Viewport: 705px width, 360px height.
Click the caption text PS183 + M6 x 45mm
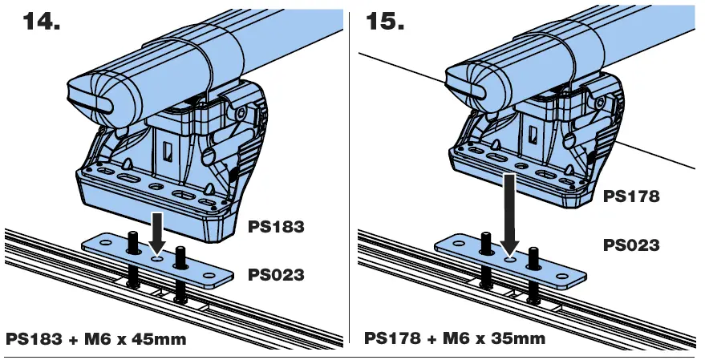[95, 339]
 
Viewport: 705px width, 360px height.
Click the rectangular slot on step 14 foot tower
[167, 151]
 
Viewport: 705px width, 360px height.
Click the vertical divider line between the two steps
[350, 176]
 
